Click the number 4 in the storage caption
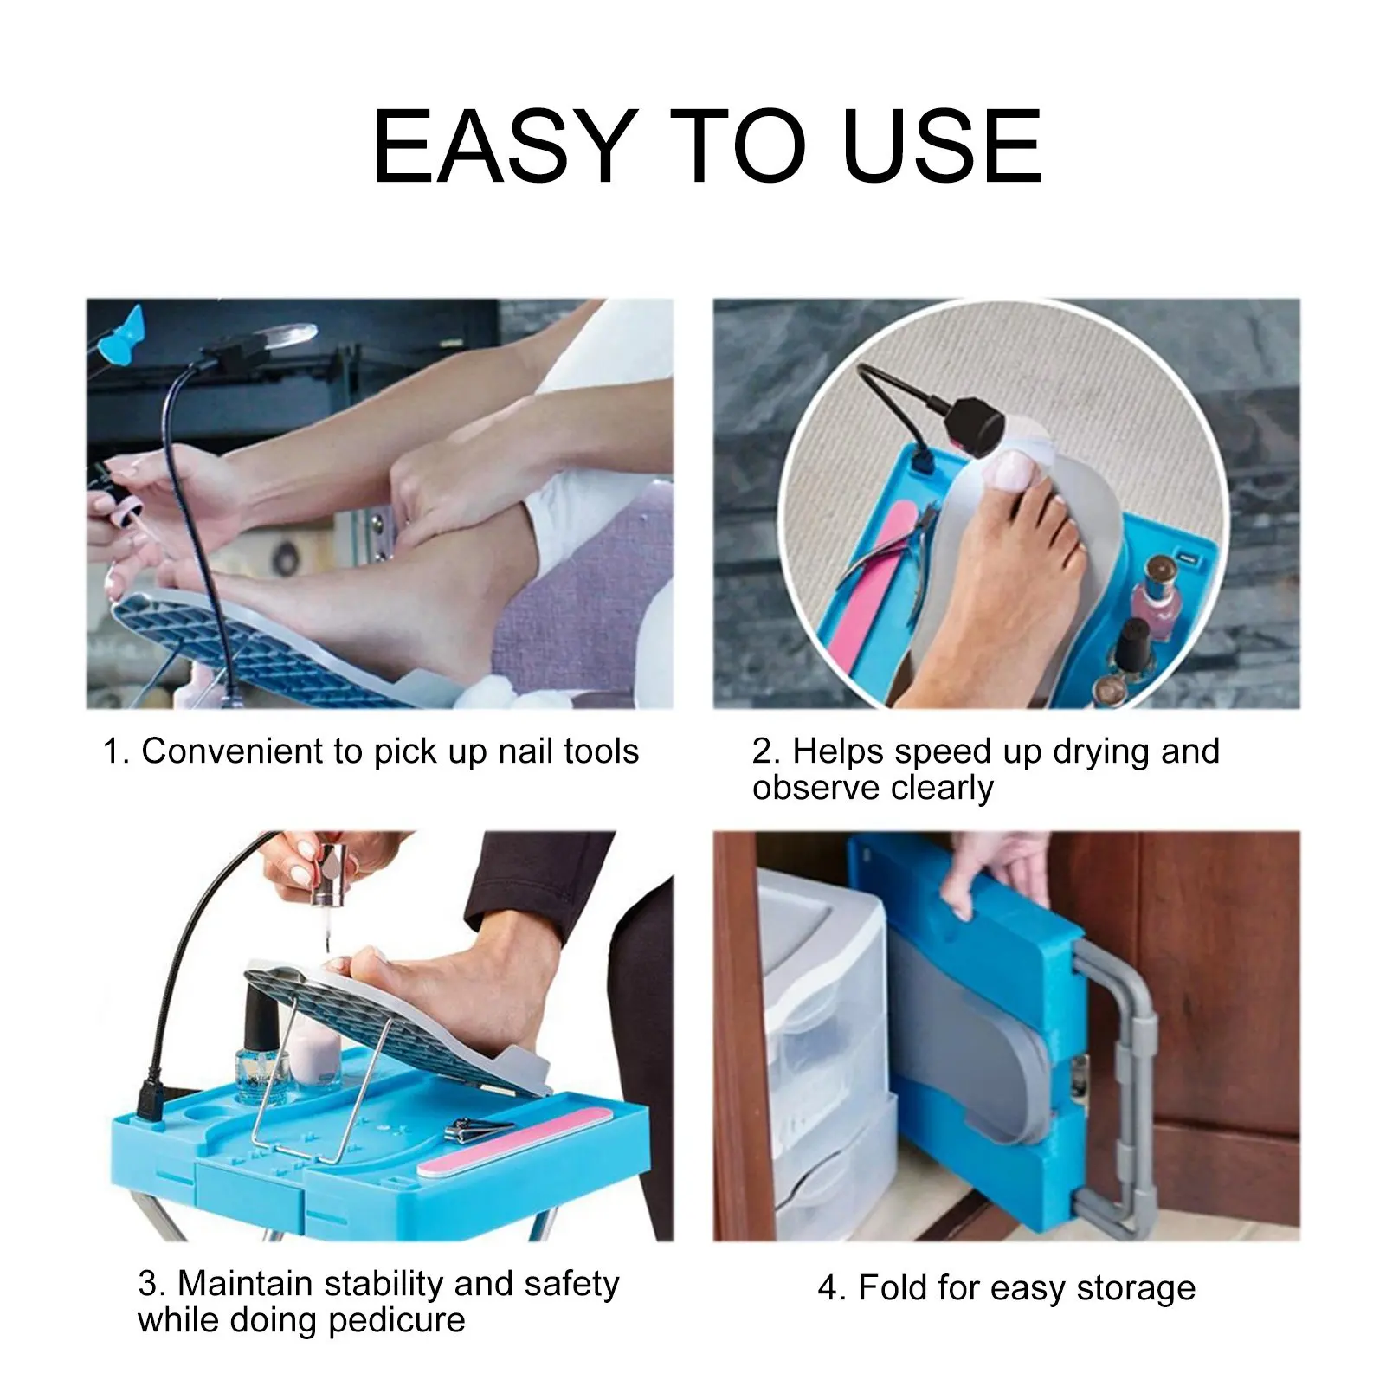click(x=828, y=1288)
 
